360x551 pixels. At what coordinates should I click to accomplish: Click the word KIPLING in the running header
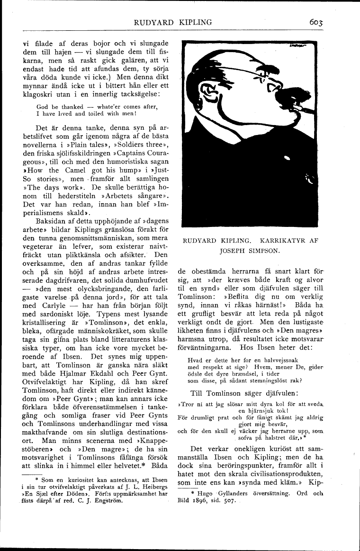pyautogui.click(x=194, y=22)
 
